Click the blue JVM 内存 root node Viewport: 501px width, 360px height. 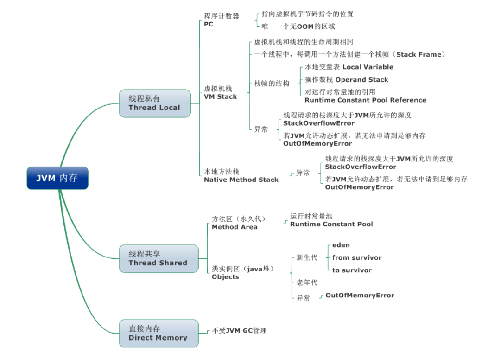[x=57, y=178]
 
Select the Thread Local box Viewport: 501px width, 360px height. [x=154, y=103]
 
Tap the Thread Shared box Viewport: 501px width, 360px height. [x=158, y=258]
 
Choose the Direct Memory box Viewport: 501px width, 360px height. [x=158, y=333]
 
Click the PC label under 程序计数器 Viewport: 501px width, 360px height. [x=209, y=24]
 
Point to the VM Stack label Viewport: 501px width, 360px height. [x=220, y=97]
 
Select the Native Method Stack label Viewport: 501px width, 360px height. [x=241, y=180]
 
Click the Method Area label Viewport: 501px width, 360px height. [x=234, y=227]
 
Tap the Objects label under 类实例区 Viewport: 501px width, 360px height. [x=225, y=277]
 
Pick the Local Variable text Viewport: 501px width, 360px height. [x=368, y=67]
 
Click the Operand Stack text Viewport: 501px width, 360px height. [x=361, y=80]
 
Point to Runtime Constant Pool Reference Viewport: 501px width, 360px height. [x=365, y=100]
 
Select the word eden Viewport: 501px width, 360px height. [x=341, y=245]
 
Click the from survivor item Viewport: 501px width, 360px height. [x=357, y=257]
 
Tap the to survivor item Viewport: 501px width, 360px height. [x=352, y=270]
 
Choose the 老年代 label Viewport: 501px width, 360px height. [x=307, y=283]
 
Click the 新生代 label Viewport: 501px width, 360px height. [x=307, y=257]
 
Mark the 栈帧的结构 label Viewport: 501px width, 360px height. [x=272, y=84]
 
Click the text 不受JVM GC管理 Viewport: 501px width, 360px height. [x=239, y=331]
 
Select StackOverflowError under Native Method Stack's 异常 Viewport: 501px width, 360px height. [x=361, y=167]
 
